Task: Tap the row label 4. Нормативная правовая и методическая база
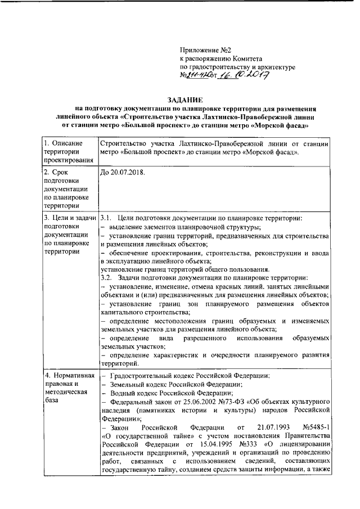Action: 67,385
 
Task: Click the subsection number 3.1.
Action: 107,218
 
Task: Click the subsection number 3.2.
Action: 107,278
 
